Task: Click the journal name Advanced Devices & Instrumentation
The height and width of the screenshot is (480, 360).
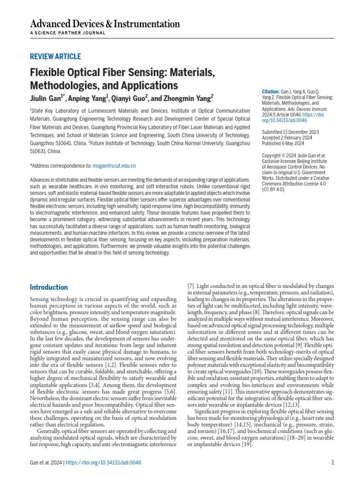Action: pos(105,24)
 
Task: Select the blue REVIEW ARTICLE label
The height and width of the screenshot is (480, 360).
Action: pos(55,57)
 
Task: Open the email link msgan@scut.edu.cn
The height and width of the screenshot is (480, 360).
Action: pos(114,165)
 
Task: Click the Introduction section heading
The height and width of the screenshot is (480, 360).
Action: pos(49,287)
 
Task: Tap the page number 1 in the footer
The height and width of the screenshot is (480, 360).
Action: pos(332,463)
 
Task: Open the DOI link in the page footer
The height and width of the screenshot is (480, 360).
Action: pos(104,463)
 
